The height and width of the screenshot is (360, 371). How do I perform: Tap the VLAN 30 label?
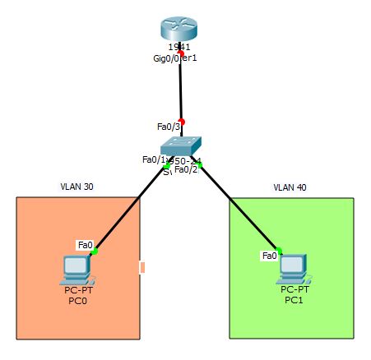(x=77, y=188)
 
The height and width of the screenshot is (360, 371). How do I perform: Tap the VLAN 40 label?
(x=290, y=188)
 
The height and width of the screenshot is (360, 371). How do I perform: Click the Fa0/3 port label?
(x=166, y=127)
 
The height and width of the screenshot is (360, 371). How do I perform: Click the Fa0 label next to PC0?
(x=85, y=245)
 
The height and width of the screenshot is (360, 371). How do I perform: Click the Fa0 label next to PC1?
(x=269, y=256)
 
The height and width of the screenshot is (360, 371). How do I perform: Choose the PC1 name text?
(x=294, y=301)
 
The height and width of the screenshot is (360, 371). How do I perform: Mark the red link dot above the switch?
(x=183, y=121)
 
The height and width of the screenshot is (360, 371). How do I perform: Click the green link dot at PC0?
(x=95, y=252)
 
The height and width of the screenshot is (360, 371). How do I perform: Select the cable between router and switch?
(x=182, y=86)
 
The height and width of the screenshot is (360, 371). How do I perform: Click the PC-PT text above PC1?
(x=294, y=290)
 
